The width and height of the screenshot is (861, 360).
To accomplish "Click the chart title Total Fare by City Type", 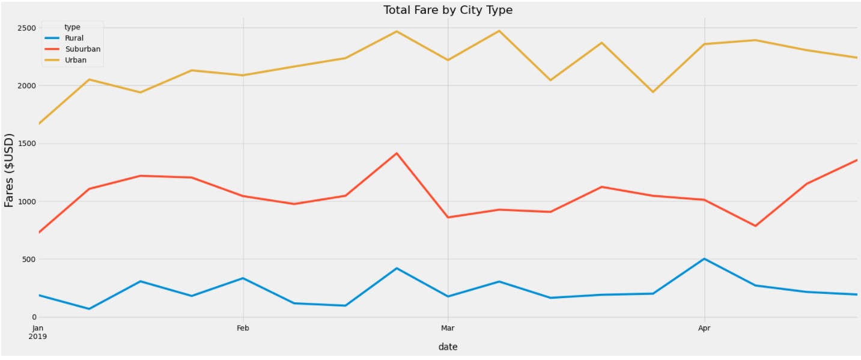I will coord(448,10).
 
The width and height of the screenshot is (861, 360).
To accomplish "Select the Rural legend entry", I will coord(74,38).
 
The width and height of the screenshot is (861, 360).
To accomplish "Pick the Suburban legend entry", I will coord(82,49).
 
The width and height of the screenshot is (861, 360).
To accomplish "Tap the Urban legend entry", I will coord(76,60).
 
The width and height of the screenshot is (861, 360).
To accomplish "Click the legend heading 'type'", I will coord(72,27).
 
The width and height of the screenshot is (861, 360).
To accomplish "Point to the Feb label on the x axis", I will coord(243,328).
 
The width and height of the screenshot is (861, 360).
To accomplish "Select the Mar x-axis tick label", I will coord(447,328).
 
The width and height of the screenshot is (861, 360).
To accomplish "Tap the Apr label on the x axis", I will coord(704,328).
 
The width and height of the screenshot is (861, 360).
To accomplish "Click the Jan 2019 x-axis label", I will coord(38,332).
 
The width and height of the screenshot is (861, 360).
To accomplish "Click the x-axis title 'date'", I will coord(448,347).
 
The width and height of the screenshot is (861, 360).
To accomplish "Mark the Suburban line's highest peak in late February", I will coord(397,153).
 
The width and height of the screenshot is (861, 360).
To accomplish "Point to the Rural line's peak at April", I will coord(704,258).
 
